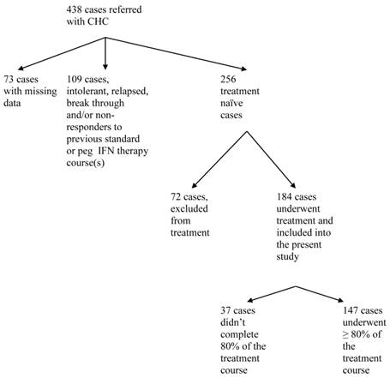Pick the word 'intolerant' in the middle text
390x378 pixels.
[92, 93]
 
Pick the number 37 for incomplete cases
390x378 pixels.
[227, 308]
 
